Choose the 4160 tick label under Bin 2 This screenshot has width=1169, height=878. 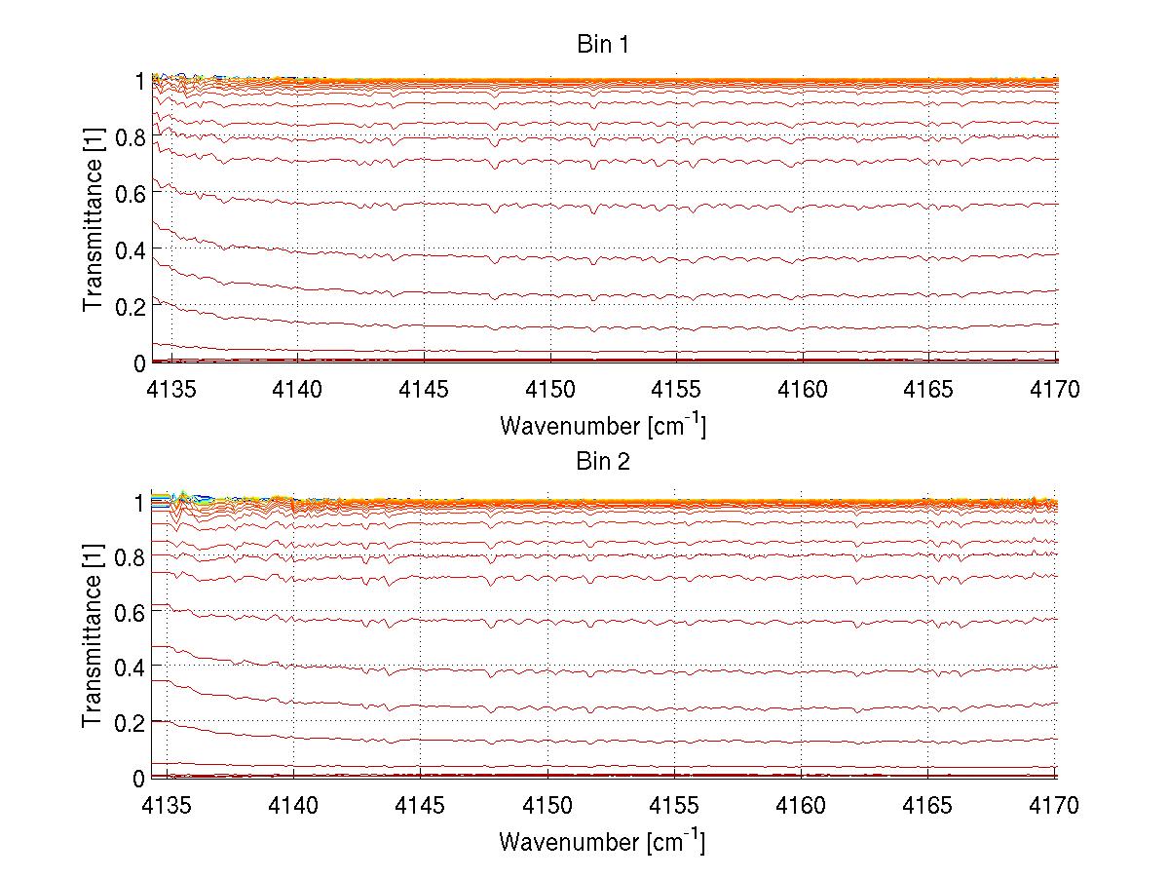point(802,807)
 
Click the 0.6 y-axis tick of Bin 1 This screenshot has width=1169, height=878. point(131,193)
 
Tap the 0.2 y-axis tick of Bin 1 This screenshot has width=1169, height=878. point(131,306)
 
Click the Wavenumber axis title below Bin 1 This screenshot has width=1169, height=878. point(602,425)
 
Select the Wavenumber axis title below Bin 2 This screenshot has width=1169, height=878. point(602,841)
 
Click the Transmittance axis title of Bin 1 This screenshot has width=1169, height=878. point(94,220)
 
